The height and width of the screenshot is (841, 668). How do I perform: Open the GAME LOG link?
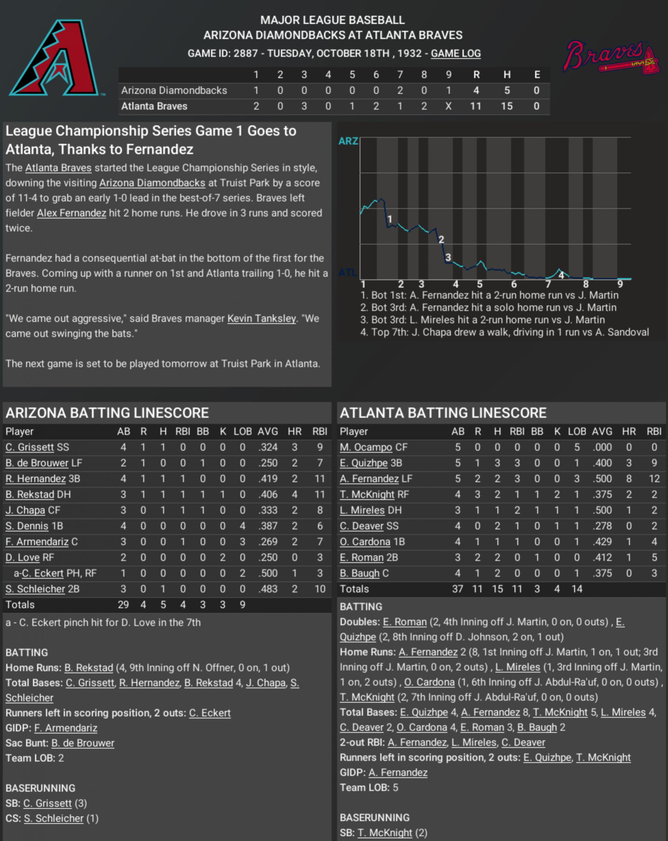pos(456,53)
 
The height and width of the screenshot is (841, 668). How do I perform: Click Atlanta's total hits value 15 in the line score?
pos(507,106)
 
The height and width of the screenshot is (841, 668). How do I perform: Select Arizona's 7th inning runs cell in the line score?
pos(400,90)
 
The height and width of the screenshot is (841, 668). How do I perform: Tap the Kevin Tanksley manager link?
pos(262,319)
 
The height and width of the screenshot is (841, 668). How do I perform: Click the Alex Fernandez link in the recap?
pos(71,213)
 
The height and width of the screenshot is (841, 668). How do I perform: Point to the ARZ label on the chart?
pos(348,141)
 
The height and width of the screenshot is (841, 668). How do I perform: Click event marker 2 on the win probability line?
pos(441,239)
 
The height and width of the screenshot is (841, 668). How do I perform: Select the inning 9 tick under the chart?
pos(620,284)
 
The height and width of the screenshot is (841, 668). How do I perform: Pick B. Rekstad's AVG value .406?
pos(268,494)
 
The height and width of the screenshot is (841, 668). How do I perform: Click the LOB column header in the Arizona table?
pos(242,431)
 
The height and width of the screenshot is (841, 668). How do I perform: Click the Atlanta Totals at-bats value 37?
pos(457,589)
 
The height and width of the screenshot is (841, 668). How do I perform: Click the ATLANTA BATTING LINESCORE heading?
pos(443,413)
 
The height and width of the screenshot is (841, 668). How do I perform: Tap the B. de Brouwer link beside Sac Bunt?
pos(83,743)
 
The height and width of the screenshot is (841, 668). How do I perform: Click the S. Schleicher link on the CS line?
pos(54,818)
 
